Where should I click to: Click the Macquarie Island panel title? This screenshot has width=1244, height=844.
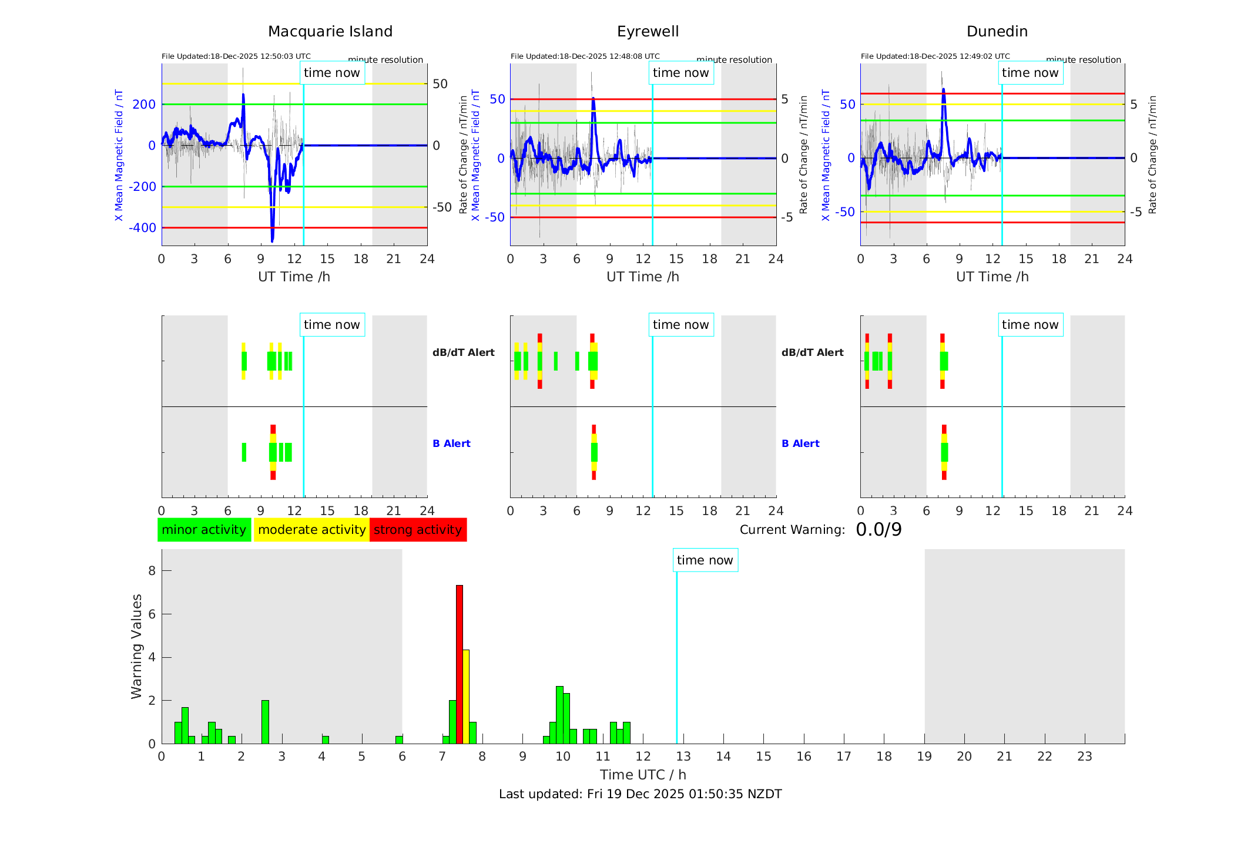(x=330, y=32)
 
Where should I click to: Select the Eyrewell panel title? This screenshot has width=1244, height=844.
(x=648, y=32)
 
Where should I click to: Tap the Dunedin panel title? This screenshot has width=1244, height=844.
(x=997, y=32)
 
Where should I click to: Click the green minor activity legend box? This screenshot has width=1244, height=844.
(x=204, y=530)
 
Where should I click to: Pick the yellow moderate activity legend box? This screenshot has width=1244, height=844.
(x=311, y=530)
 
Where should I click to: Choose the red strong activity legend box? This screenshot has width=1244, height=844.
(x=418, y=530)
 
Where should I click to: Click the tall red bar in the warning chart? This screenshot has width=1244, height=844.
(x=460, y=664)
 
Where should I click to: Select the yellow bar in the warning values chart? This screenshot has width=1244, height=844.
(x=466, y=696)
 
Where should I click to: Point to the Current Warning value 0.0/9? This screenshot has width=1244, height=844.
(x=878, y=530)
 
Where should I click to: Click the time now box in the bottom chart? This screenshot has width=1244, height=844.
(x=705, y=560)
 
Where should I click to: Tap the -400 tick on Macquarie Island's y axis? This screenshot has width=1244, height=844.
(x=143, y=228)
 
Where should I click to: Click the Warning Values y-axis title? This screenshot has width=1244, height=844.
(x=136, y=646)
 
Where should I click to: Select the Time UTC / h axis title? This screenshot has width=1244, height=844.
(x=643, y=775)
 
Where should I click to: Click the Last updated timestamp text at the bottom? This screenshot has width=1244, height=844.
(x=640, y=794)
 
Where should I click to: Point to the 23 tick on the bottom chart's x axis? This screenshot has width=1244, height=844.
(x=1084, y=756)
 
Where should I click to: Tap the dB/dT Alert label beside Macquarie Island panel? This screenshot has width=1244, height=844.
(x=463, y=352)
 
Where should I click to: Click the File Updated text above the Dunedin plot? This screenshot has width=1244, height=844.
(x=935, y=56)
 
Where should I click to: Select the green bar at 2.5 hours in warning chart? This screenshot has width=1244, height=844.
(x=265, y=722)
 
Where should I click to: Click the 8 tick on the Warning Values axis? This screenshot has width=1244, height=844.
(x=152, y=571)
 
